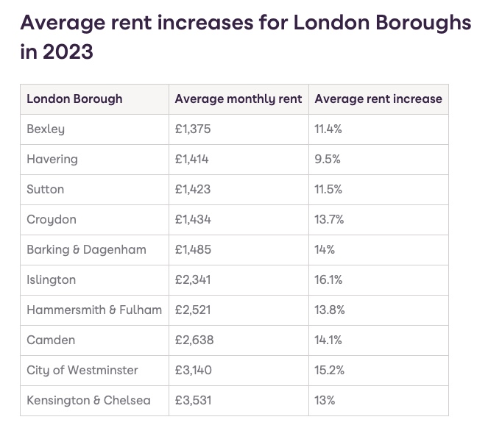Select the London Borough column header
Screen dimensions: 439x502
[x=74, y=99]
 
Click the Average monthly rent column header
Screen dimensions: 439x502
[x=238, y=99]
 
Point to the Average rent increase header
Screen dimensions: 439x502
[x=378, y=99]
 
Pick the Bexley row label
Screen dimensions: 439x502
[x=46, y=129]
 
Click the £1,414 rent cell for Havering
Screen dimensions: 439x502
[x=193, y=159]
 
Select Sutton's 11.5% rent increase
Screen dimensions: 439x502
[x=329, y=189]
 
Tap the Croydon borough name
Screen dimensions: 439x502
[x=52, y=219]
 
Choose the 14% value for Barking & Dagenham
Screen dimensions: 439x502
[x=325, y=249]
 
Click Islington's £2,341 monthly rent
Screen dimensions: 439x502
[x=193, y=279]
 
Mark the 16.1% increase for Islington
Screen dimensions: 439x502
[x=328, y=279]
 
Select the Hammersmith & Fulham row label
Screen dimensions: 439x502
[x=94, y=310]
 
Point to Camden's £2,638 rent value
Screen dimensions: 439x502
[x=194, y=340]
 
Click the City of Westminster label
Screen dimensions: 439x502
[x=82, y=370]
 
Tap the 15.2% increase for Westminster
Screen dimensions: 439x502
[x=329, y=370]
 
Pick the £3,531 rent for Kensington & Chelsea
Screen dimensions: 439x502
[x=193, y=400]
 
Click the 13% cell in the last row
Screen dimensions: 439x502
[x=325, y=400]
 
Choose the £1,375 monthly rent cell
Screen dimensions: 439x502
[x=193, y=129]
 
